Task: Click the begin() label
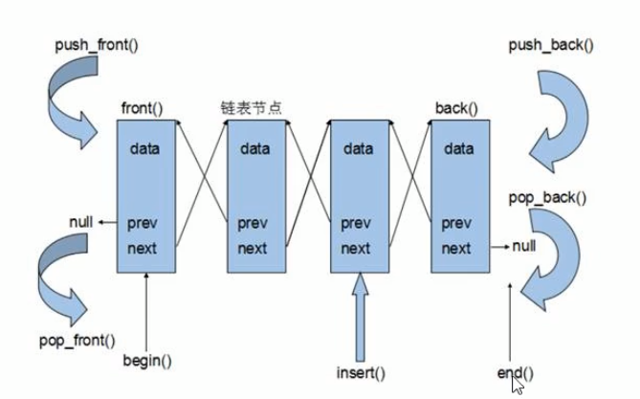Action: click(146, 362)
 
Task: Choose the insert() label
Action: click(361, 370)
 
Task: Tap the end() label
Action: click(516, 370)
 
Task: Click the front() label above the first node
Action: click(142, 108)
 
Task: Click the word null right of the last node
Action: click(523, 247)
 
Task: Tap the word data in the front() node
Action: click(146, 148)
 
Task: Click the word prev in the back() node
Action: click(456, 224)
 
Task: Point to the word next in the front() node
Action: click(146, 249)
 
